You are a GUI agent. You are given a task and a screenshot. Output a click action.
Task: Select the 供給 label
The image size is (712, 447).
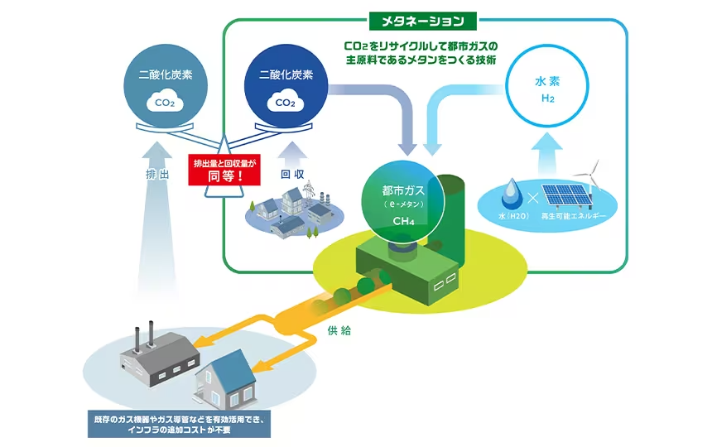coord(339,330)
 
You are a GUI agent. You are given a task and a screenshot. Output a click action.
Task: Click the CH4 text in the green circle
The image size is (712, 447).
coord(403,221)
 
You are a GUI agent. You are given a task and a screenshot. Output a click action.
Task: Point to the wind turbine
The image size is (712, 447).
coord(594,178)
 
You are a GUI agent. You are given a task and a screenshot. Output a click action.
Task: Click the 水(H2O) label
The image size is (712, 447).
coord(513,216)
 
